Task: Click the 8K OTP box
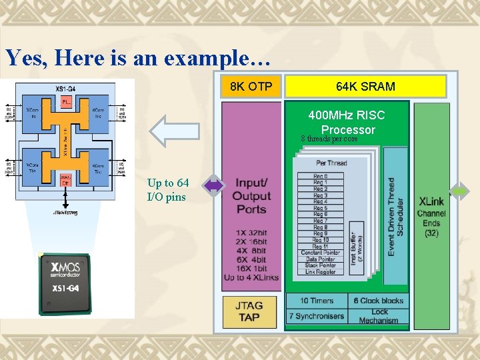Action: click(251, 87)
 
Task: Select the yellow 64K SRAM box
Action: click(365, 87)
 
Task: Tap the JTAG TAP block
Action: click(249, 311)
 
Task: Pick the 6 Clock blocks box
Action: click(378, 301)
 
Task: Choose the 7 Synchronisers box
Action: click(317, 316)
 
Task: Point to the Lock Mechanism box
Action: click(378, 316)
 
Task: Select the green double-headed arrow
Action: click(461, 191)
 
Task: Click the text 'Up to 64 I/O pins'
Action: click(168, 190)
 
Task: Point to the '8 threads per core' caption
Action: click(329, 139)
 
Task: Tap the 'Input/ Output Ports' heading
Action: click(251, 196)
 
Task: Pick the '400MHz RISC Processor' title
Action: click(347, 123)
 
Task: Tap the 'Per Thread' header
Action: click(331, 163)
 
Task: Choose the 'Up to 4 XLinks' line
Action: click(251, 277)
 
